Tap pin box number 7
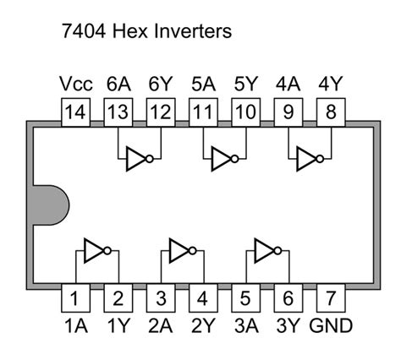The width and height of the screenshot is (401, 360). tap(331, 297)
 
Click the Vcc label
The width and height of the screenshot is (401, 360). tap(75, 85)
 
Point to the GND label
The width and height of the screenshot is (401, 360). tap(331, 325)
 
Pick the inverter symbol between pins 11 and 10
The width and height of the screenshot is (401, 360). tap(224, 158)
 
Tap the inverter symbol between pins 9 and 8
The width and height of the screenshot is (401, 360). tap(310, 158)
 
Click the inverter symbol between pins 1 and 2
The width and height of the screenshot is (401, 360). tap(96, 249)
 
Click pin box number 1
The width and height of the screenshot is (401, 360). tap(74, 297)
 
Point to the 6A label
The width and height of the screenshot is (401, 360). tap(118, 85)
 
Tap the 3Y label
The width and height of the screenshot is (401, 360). tap(288, 325)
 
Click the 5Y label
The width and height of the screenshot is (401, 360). tap(245, 85)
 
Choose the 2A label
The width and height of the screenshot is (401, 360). tap(160, 325)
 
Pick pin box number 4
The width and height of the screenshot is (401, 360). tap(203, 297)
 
